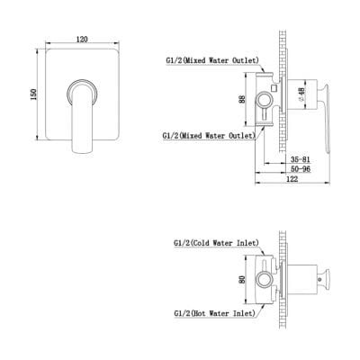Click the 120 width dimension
point(82,40)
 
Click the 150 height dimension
point(33,94)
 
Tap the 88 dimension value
point(242,99)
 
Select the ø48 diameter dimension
point(301,94)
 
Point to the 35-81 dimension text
point(301,159)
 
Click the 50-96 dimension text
point(301,169)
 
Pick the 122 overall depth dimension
point(292,179)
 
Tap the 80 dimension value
point(242,280)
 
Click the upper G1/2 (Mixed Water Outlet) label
point(212,60)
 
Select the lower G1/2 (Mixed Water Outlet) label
point(209,136)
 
